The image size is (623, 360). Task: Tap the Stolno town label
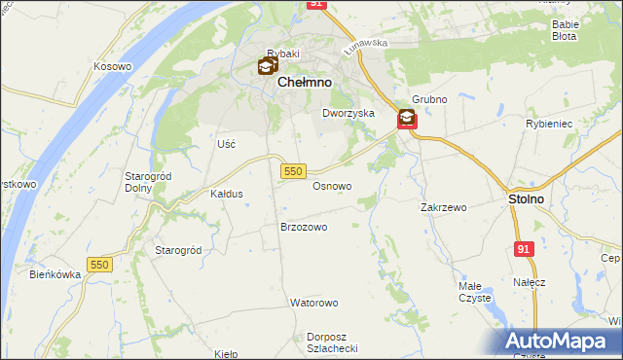tap(527, 198)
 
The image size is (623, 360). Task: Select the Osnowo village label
tap(332, 185)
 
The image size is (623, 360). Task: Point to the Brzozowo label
tap(304, 227)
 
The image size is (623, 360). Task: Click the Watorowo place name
tap(313, 303)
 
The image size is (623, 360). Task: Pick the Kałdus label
tap(227, 194)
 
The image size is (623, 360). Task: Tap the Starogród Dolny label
tap(149, 182)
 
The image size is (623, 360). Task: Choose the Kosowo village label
tap(112, 66)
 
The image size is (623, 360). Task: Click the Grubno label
tap(428, 99)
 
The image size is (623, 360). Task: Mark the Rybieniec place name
tap(573, 125)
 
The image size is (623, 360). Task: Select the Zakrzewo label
tap(444, 207)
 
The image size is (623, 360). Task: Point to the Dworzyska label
tap(348, 113)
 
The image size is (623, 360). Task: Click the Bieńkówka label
tap(55, 275)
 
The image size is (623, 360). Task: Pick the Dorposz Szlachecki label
tap(333, 342)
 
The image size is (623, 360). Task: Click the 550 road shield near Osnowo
tap(294, 170)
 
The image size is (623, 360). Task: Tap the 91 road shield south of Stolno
tap(525, 249)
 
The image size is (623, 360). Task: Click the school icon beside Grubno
tap(406, 120)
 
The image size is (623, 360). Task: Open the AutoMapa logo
tap(560, 342)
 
